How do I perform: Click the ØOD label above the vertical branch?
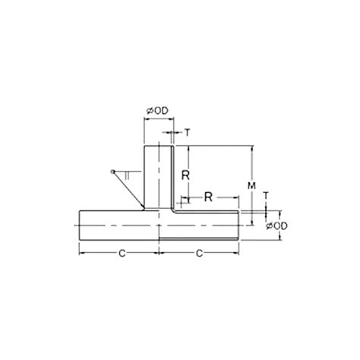[x=157, y=111]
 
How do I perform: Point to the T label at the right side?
[x=266, y=195]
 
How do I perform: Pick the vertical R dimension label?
[x=184, y=175]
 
